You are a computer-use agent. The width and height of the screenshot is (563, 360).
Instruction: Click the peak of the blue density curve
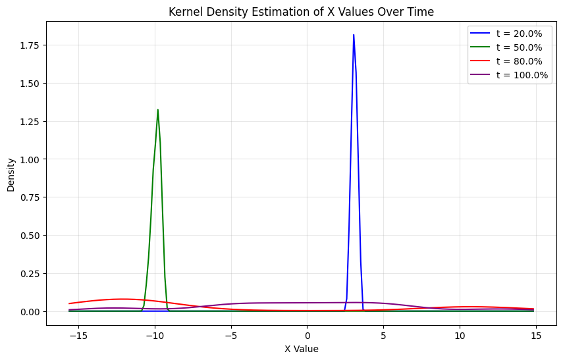354,36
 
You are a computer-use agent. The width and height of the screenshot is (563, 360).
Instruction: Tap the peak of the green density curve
157,111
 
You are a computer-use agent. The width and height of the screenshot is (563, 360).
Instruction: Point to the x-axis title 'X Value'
302,349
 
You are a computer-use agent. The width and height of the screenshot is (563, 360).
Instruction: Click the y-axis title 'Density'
11,174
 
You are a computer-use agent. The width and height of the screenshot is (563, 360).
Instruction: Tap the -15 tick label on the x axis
78,336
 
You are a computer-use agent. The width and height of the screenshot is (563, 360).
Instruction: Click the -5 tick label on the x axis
230,336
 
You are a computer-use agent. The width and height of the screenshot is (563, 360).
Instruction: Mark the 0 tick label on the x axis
307,336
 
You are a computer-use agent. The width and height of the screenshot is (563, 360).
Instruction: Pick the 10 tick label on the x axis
460,336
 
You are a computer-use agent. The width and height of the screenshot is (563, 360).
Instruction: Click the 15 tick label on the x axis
536,336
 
